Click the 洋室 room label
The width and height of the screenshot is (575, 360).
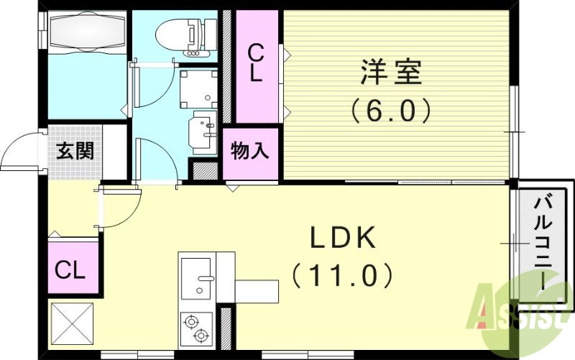tap(391, 73)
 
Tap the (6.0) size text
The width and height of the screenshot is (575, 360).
tap(391, 110)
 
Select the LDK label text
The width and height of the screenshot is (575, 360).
tap(343, 239)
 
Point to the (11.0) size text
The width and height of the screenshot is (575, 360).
tap(343, 274)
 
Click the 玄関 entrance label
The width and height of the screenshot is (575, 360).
tap(75, 152)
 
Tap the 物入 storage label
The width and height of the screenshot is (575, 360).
tap(250, 152)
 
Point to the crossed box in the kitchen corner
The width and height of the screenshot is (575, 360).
tap(72, 325)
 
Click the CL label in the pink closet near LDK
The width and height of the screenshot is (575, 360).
tap(71, 271)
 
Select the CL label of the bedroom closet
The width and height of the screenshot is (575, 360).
tap(256, 63)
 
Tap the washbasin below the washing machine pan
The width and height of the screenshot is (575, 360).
tap(201, 130)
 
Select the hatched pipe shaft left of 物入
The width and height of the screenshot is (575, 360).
tap(205, 171)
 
